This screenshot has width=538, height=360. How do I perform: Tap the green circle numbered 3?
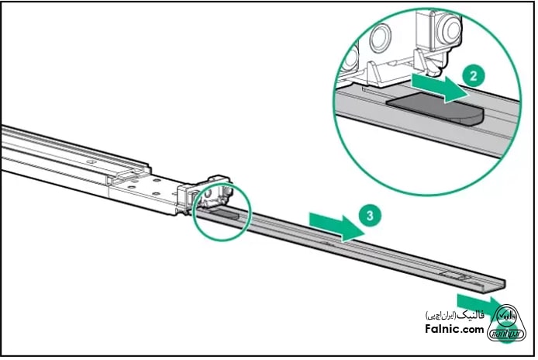[374, 217]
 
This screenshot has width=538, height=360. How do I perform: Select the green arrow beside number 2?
[437, 85]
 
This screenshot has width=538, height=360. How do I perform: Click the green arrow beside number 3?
[335, 225]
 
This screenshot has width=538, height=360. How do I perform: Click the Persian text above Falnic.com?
[455, 317]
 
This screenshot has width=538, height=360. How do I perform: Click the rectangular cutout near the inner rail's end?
[453, 275]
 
